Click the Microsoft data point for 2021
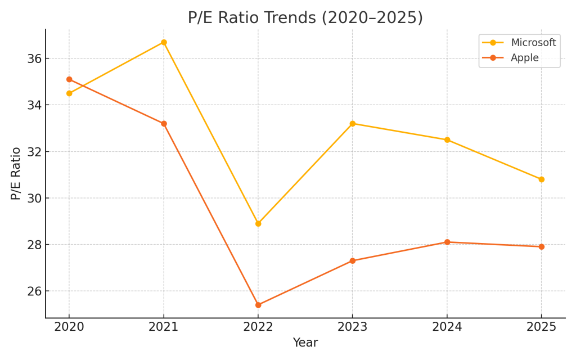point(164,42)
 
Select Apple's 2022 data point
point(258,305)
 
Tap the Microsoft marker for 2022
point(258,223)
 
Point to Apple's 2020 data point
point(69,79)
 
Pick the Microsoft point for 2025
point(541,179)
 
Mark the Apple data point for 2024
point(447,242)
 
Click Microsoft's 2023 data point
point(353,124)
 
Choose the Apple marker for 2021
point(164,124)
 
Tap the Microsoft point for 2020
point(69,93)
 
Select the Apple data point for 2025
point(541,246)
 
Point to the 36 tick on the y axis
point(34,58)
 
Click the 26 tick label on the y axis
point(34,291)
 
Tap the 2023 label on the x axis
point(353,327)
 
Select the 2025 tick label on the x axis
point(541,327)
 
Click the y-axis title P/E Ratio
point(16,173)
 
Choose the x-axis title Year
point(305,343)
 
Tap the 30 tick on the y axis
point(34,198)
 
